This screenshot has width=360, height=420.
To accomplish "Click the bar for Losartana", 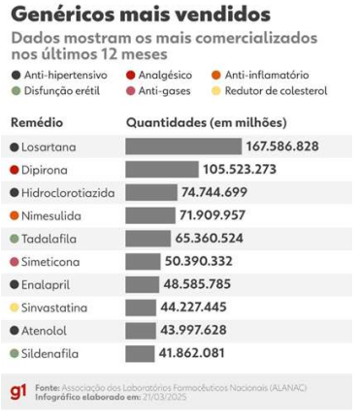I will click(x=183, y=146).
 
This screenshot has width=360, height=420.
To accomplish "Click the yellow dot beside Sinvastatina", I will click(x=14, y=307).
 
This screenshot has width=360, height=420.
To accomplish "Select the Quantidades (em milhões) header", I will click(x=208, y=123).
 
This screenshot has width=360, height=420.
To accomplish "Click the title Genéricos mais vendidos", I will click(x=141, y=16).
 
